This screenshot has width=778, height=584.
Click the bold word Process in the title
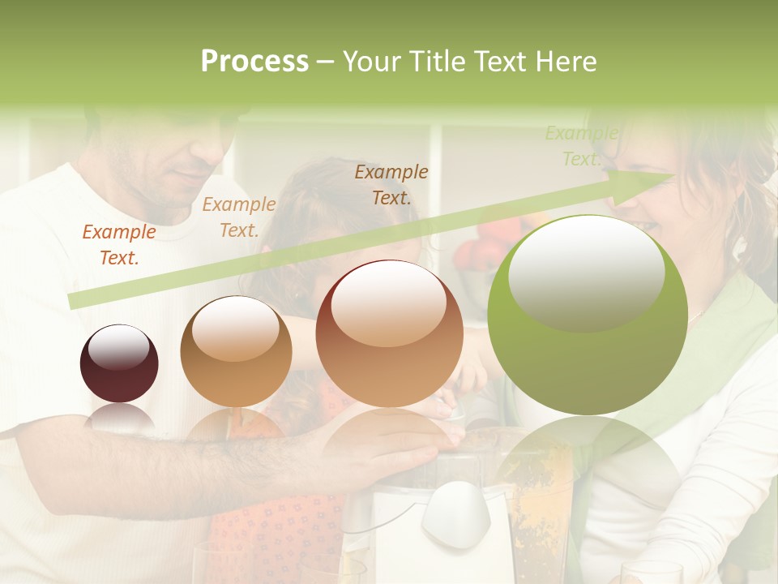254,62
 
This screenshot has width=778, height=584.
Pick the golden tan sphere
236,351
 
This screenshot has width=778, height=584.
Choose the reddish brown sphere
389,334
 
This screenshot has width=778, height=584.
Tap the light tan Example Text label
239,217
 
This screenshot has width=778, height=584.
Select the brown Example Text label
391,184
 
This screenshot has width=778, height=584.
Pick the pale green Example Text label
581,146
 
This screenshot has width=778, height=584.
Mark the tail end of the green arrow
73,301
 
